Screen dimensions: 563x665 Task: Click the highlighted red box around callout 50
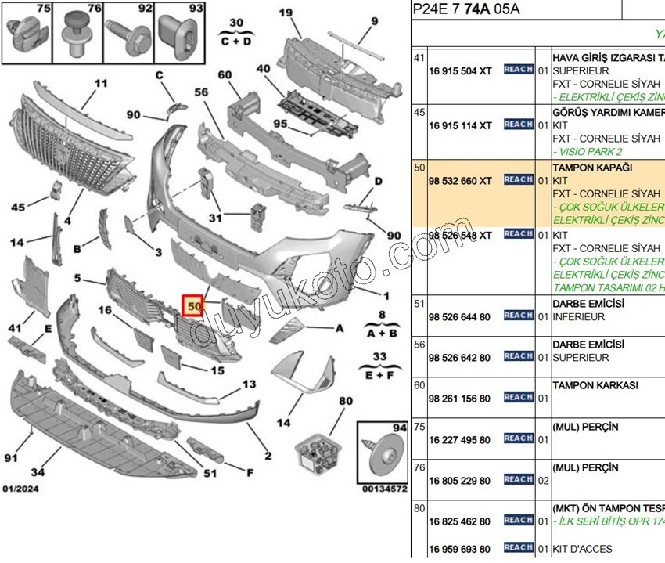tap(192, 305)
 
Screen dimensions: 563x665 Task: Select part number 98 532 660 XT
tap(460, 180)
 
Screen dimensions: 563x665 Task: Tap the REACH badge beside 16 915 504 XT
tap(519, 70)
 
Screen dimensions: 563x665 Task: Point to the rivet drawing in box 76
tap(76, 35)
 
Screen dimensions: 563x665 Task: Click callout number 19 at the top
tap(286, 12)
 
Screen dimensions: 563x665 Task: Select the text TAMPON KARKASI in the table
tap(595, 385)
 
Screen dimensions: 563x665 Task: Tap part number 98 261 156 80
tap(460, 399)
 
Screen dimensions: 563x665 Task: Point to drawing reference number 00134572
tap(384, 489)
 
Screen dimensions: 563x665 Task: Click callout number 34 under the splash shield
tap(38, 471)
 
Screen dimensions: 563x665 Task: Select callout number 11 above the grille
tap(101, 84)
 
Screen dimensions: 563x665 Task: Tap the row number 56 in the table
tap(419, 344)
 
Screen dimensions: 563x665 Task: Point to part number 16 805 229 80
tap(460, 481)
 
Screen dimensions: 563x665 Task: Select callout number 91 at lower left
tap(11, 457)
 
